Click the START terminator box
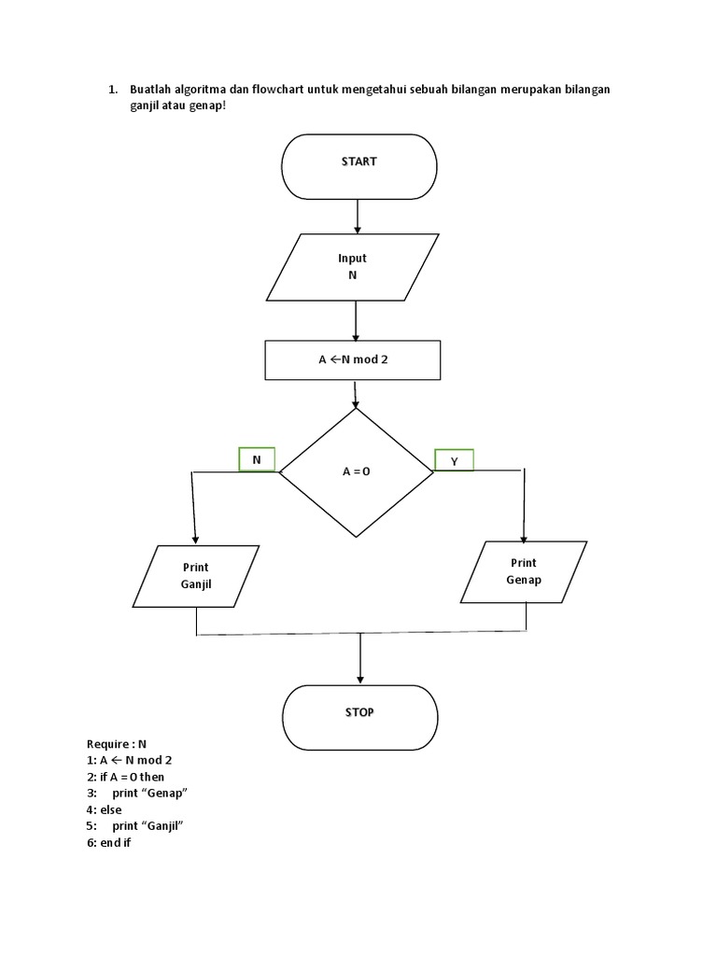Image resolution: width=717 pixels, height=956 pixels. pyautogui.click(x=358, y=167)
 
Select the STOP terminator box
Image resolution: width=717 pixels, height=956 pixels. pyautogui.click(x=358, y=717)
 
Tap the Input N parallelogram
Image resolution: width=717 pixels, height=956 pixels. pyautogui.click(x=352, y=267)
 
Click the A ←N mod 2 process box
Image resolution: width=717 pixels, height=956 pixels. pyautogui.click(x=352, y=360)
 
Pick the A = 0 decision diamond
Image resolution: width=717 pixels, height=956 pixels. pyautogui.click(x=356, y=472)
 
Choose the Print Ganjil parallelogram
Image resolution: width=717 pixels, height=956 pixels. pyautogui.click(x=196, y=576)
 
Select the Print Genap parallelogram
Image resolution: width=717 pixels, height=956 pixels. pyautogui.click(x=524, y=571)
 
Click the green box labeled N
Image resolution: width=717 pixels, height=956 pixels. pyautogui.click(x=257, y=459)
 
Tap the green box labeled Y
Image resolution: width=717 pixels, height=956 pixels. pyautogui.click(x=455, y=460)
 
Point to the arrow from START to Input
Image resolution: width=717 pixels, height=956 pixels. pyautogui.click(x=358, y=217)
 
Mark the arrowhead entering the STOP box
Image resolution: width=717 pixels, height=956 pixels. pyautogui.click(x=360, y=678)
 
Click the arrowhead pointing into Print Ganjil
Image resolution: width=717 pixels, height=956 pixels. pyautogui.click(x=195, y=538)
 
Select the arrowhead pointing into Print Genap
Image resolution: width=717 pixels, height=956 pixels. pyautogui.click(x=524, y=535)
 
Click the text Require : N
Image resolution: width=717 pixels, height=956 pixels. pyautogui.click(x=117, y=744)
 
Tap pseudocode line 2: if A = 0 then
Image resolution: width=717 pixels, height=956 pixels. pyautogui.click(x=125, y=776)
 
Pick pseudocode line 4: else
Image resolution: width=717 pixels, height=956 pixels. pyautogui.click(x=104, y=809)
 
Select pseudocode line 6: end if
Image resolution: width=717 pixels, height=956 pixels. pyautogui.click(x=108, y=842)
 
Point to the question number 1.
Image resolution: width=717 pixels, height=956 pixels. pyautogui.click(x=111, y=90)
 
